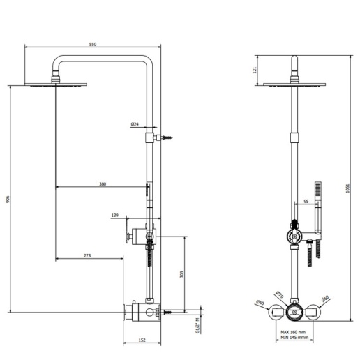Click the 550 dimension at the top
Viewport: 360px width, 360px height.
92,43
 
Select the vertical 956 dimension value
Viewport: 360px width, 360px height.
7,199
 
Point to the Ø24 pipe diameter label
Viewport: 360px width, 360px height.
135,124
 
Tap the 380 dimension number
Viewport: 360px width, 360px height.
102,184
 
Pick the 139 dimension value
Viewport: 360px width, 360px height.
115,216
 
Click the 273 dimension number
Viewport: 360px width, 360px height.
87,256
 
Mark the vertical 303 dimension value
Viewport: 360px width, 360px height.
181,274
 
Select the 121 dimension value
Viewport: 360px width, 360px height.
255,68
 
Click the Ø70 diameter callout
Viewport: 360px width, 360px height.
278,294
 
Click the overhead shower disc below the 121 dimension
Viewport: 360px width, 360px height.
297,85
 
